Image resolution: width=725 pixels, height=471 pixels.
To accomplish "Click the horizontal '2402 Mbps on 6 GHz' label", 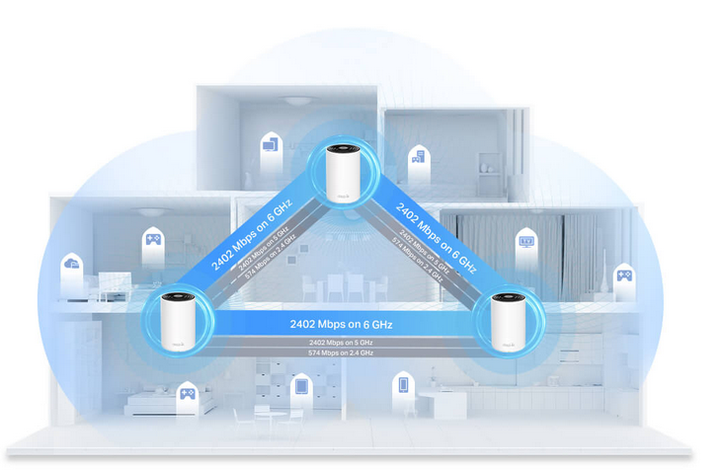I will click(342, 323).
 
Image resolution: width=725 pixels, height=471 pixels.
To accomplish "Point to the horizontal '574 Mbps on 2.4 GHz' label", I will click(341, 353).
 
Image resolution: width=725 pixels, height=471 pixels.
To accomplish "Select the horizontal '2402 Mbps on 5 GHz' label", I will click(341, 342).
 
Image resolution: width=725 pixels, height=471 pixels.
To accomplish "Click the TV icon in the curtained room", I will click(527, 240).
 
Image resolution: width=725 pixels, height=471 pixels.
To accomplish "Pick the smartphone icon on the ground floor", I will click(403, 384).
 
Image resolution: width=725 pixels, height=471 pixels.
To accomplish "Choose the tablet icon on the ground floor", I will click(301, 385).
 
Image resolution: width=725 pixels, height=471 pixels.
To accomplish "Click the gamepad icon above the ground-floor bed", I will click(185, 395).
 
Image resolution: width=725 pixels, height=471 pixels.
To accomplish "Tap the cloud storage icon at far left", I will click(71, 266).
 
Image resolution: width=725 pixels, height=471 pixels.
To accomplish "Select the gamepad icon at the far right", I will click(624, 275).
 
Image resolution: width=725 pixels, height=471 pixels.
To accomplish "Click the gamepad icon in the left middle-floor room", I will click(153, 239).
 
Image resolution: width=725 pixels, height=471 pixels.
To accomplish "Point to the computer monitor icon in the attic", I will click(270, 147).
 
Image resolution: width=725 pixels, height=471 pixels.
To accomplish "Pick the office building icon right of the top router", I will click(419, 156).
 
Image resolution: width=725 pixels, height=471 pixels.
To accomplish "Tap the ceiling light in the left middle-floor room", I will click(151, 212).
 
